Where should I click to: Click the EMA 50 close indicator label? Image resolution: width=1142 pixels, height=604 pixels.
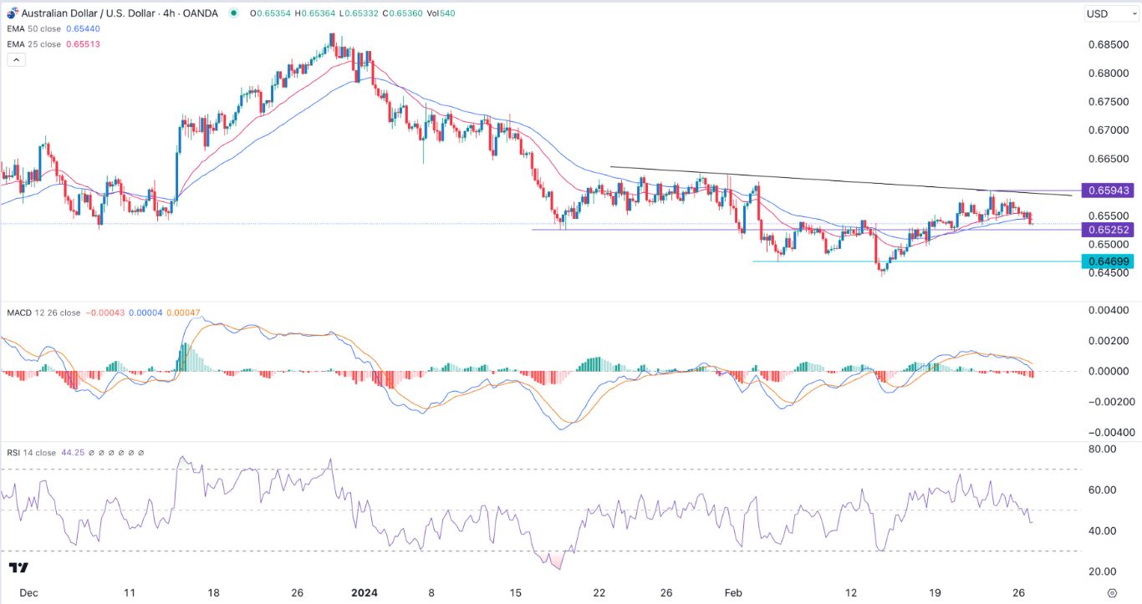(x=34, y=28)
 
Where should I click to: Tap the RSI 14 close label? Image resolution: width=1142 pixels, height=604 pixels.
(x=30, y=453)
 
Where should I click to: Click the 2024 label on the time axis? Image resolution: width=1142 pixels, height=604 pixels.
(x=364, y=592)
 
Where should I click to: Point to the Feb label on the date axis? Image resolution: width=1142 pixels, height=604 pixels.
(x=732, y=592)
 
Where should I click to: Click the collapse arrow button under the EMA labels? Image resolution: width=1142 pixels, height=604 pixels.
(x=16, y=59)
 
